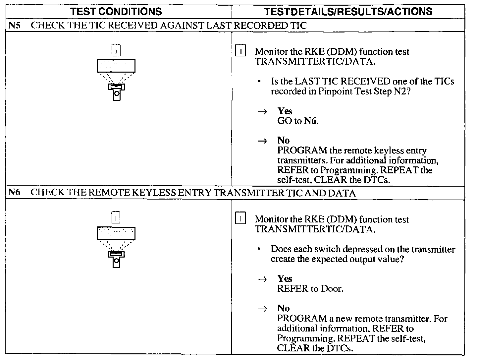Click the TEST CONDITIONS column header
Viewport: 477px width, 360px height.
coord(116,12)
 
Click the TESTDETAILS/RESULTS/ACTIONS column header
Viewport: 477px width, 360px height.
coord(348,12)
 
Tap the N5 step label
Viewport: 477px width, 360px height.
coord(14,26)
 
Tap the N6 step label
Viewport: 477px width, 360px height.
coord(14,193)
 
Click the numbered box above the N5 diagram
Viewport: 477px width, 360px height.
coord(116,50)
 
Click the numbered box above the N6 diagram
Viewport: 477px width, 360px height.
coord(116,218)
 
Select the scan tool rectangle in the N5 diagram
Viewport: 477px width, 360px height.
coord(116,66)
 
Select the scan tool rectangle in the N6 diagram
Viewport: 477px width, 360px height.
coord(116,233)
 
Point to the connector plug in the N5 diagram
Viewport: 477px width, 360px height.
coord(116,91)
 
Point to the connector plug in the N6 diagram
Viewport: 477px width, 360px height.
coord(116,259)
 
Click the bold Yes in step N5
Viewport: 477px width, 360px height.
coord(285,111)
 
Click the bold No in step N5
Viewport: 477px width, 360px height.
coord(284,141)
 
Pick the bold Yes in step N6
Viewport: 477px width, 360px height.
coord(285,279)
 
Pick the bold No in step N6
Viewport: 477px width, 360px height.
coord(284,308)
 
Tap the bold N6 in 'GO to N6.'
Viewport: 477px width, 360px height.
coord(310,121)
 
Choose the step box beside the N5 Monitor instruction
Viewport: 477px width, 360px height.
coord(240,51)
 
